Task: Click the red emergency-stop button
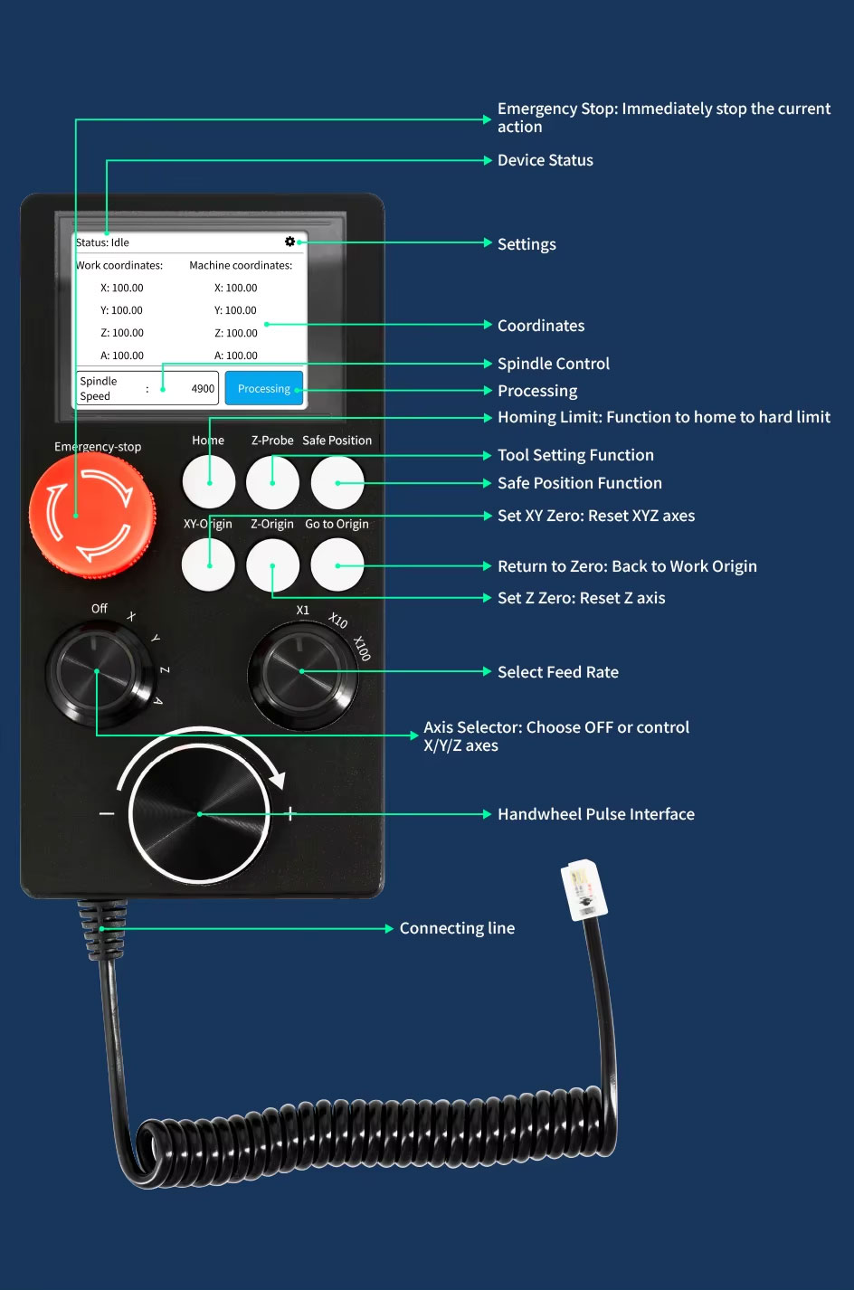pos(91,514)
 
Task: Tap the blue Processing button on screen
pos(263,389)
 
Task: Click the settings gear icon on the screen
pos(289,242)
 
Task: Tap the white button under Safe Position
pos(337,482)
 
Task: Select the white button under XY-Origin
pos(209,565)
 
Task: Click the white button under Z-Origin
pos(272,565)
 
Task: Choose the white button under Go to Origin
pos(337,565)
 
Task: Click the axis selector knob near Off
pos(97,671)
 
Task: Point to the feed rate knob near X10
pos(302,671)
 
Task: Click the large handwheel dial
pos(200,814)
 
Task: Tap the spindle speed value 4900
pos(203,389)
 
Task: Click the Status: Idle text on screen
pos(103,242)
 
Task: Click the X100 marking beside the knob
pos(361,648)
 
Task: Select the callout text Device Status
pos(545,160)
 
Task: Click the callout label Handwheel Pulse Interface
pos(595,814)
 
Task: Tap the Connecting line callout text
pos(457,928)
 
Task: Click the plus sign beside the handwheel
pos(290,814)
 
